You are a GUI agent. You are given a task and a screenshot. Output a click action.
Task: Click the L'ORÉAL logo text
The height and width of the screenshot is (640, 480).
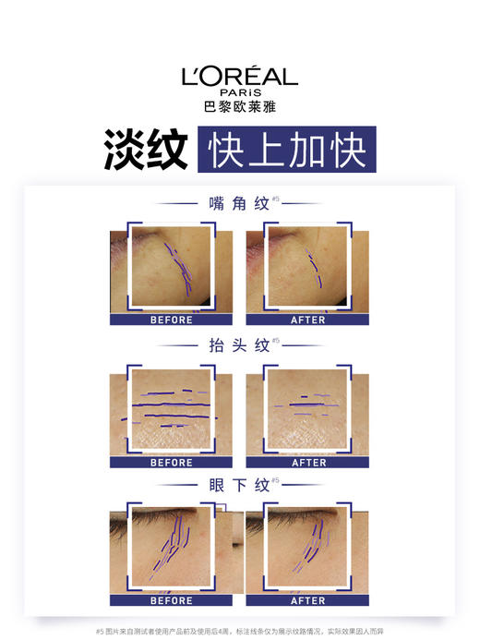coord(239,77)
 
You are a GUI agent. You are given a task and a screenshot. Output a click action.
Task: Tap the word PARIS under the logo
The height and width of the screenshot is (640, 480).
coord(239,93)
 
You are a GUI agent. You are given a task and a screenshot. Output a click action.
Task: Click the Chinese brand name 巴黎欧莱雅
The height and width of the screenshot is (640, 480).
coord(239,106)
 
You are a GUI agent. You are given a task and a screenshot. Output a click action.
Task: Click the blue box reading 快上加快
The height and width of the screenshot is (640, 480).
coord(283,151)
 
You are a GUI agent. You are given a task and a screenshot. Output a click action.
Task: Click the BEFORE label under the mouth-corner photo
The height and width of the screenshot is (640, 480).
coord(171,320)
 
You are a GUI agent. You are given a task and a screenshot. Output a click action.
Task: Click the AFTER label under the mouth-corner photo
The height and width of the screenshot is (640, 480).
coord(308,320)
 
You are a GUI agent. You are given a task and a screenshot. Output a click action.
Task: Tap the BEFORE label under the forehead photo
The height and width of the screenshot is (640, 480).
coord(171,462)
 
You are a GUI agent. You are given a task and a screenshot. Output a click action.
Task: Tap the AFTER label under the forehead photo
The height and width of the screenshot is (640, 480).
coord(308,462)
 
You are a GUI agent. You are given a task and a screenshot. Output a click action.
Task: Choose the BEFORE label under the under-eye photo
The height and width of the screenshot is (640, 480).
coord(171,600)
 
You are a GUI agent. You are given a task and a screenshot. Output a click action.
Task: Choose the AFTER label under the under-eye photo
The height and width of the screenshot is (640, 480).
coord(308,600)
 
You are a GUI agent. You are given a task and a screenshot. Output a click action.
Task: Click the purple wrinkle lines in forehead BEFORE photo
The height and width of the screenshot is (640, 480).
coord(171,404)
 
